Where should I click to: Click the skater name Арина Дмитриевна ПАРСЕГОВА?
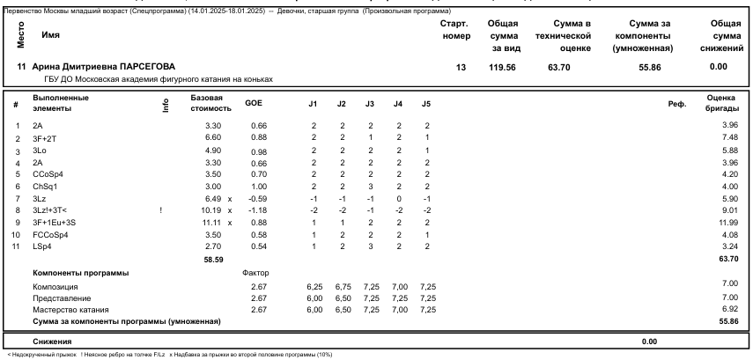point(103,67)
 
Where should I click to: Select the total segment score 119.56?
point(503,67)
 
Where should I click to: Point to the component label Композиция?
point(55,287)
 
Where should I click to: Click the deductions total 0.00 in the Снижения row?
point(649,341)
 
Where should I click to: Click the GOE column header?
point(254,104)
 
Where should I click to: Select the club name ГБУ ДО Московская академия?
point(151,78)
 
